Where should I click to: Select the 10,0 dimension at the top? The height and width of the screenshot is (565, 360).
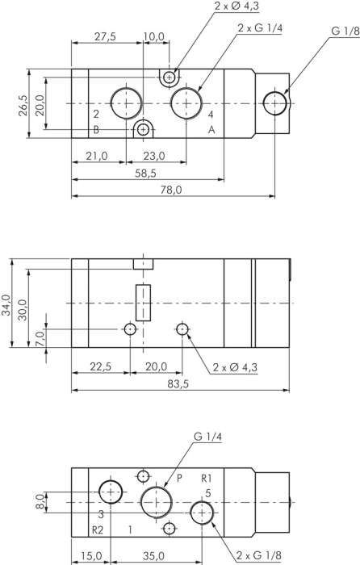click(x=153, y=36)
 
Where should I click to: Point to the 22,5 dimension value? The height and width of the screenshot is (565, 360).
click(x=100, y=366)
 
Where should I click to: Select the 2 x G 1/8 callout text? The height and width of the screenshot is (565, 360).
click(x=260, y=555)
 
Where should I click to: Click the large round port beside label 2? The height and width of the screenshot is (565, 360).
click(x=127, y=103)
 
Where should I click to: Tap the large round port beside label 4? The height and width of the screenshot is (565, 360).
click(x=186, y=103)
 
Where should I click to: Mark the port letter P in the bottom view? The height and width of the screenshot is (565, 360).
click(x=180, y=477)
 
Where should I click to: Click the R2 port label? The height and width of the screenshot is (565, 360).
click(x=98, y=530)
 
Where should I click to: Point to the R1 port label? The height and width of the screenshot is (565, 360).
click(x=207, y=477)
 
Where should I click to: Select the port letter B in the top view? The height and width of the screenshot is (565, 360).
click(x=95, y=130)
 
